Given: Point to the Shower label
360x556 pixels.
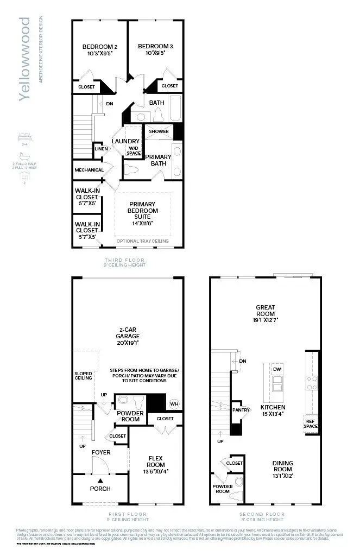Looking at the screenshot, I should point(159,131).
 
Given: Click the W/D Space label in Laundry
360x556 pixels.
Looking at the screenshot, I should point(134,150).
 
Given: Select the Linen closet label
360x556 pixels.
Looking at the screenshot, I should point(100,148).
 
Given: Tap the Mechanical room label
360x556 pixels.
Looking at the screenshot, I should point(89,170).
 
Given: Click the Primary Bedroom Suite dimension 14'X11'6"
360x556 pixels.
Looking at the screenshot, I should point(143,223).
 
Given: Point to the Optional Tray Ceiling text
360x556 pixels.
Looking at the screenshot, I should point(142,241).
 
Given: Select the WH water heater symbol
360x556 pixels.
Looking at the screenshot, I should point(174,404).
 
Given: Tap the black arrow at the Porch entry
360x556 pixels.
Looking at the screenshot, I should point(100,481).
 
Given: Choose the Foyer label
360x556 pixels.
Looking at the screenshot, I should point(100,452).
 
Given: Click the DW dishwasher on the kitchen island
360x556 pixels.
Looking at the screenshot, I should point(277,369).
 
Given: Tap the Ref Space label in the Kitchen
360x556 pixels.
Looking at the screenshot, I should point(310,424).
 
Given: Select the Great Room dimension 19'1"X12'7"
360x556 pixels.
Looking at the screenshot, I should point(266,320).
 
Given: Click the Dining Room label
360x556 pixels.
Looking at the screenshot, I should point(282,466).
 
